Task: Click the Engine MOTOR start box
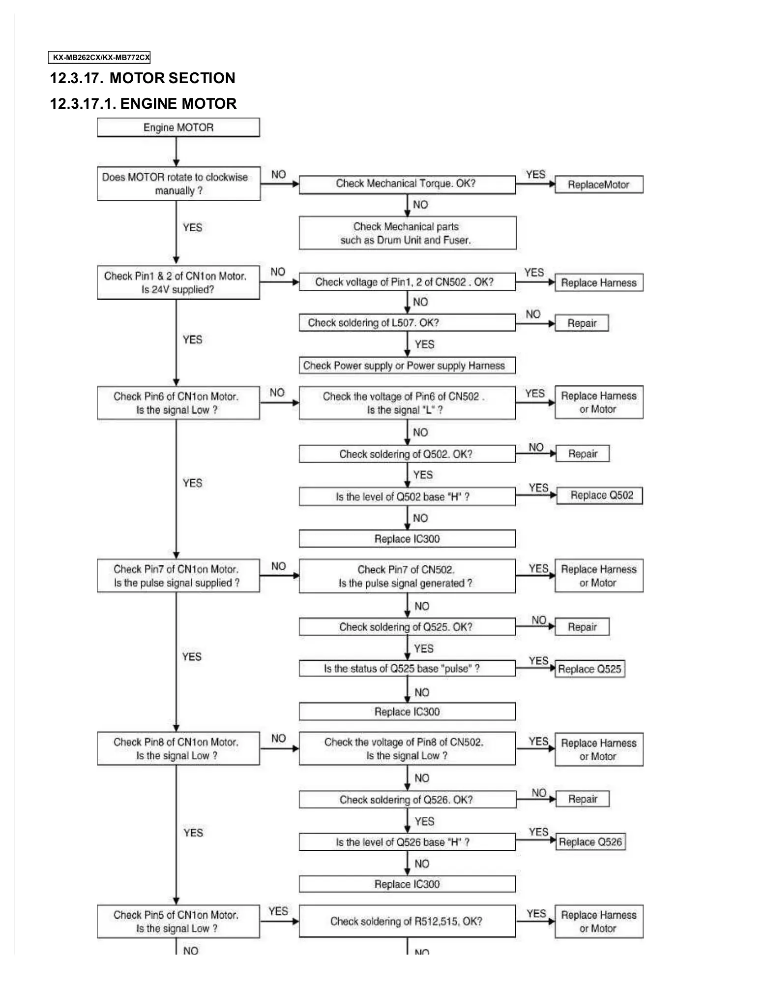click(x=178, y=127)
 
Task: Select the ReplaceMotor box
click(x=598, y=185)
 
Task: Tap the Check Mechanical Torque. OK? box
click(x=407, y=184)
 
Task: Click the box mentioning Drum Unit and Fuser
click(x=407, y=233)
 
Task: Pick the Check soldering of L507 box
click(x=407, y=323)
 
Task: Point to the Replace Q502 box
click(x=599, y=495)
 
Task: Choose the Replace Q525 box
click(x=589, y=669)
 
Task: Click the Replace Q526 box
click(x=590, y=842)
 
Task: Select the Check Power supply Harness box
click(x=407, y=366)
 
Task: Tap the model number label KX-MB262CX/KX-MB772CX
click(x=99, y=58)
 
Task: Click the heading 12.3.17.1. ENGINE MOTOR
click(x=143, y=104)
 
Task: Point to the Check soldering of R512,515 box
click(x=407, y=921)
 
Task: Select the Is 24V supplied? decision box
click(x=178, y=283)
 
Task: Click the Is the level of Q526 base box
click(x=407, y=842)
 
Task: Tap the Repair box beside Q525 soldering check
click(x=582, y=627)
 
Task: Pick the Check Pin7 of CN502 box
click(x=407, y=576)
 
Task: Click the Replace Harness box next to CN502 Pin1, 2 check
click(x=598, y=283)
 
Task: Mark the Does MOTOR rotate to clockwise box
click(x=178, y=184)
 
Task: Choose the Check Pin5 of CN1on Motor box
click(x=178, y=921)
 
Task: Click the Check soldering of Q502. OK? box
click(x=407, y=454)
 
